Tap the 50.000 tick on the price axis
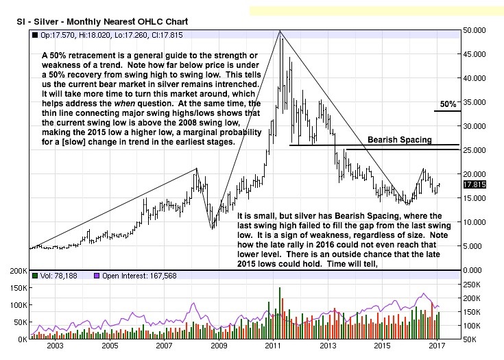point(476,30)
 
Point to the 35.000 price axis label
point(476,102)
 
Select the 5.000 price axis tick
point(476,245)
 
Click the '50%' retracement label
point(448,104)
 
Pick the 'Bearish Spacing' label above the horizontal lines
point(400,140)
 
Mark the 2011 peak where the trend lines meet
point(280,31)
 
